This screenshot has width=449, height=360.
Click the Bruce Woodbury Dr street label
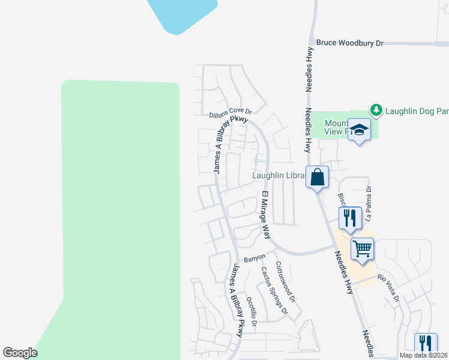click(x=349, y=43)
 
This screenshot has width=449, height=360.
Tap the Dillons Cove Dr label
click(x=230, y=112)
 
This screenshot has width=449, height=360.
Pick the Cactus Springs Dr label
click(x=274, y=290)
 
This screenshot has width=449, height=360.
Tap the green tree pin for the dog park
click(x=376, y=110)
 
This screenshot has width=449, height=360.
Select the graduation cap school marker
click(x=358, y=130)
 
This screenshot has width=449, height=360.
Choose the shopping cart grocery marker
click(x=362, y=248)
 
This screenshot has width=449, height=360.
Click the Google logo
click(x=20, y=352)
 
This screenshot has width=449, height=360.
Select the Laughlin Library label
click(x=279, y=176)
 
